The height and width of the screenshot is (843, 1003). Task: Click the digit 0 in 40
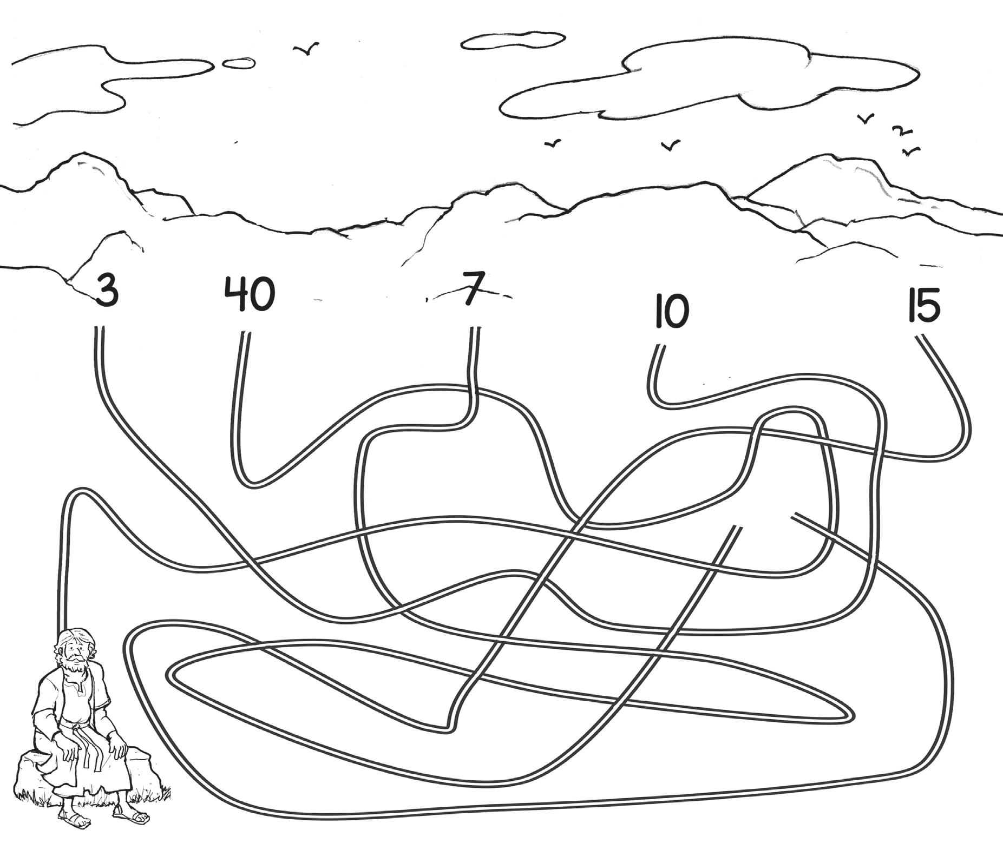click(262, 294)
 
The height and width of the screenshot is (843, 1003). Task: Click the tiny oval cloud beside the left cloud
click(239, 63)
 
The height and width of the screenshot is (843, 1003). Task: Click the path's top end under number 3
click(99, 329)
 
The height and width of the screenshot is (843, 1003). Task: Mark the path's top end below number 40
click(245, 333)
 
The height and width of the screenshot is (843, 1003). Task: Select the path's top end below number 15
click(920, 338)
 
